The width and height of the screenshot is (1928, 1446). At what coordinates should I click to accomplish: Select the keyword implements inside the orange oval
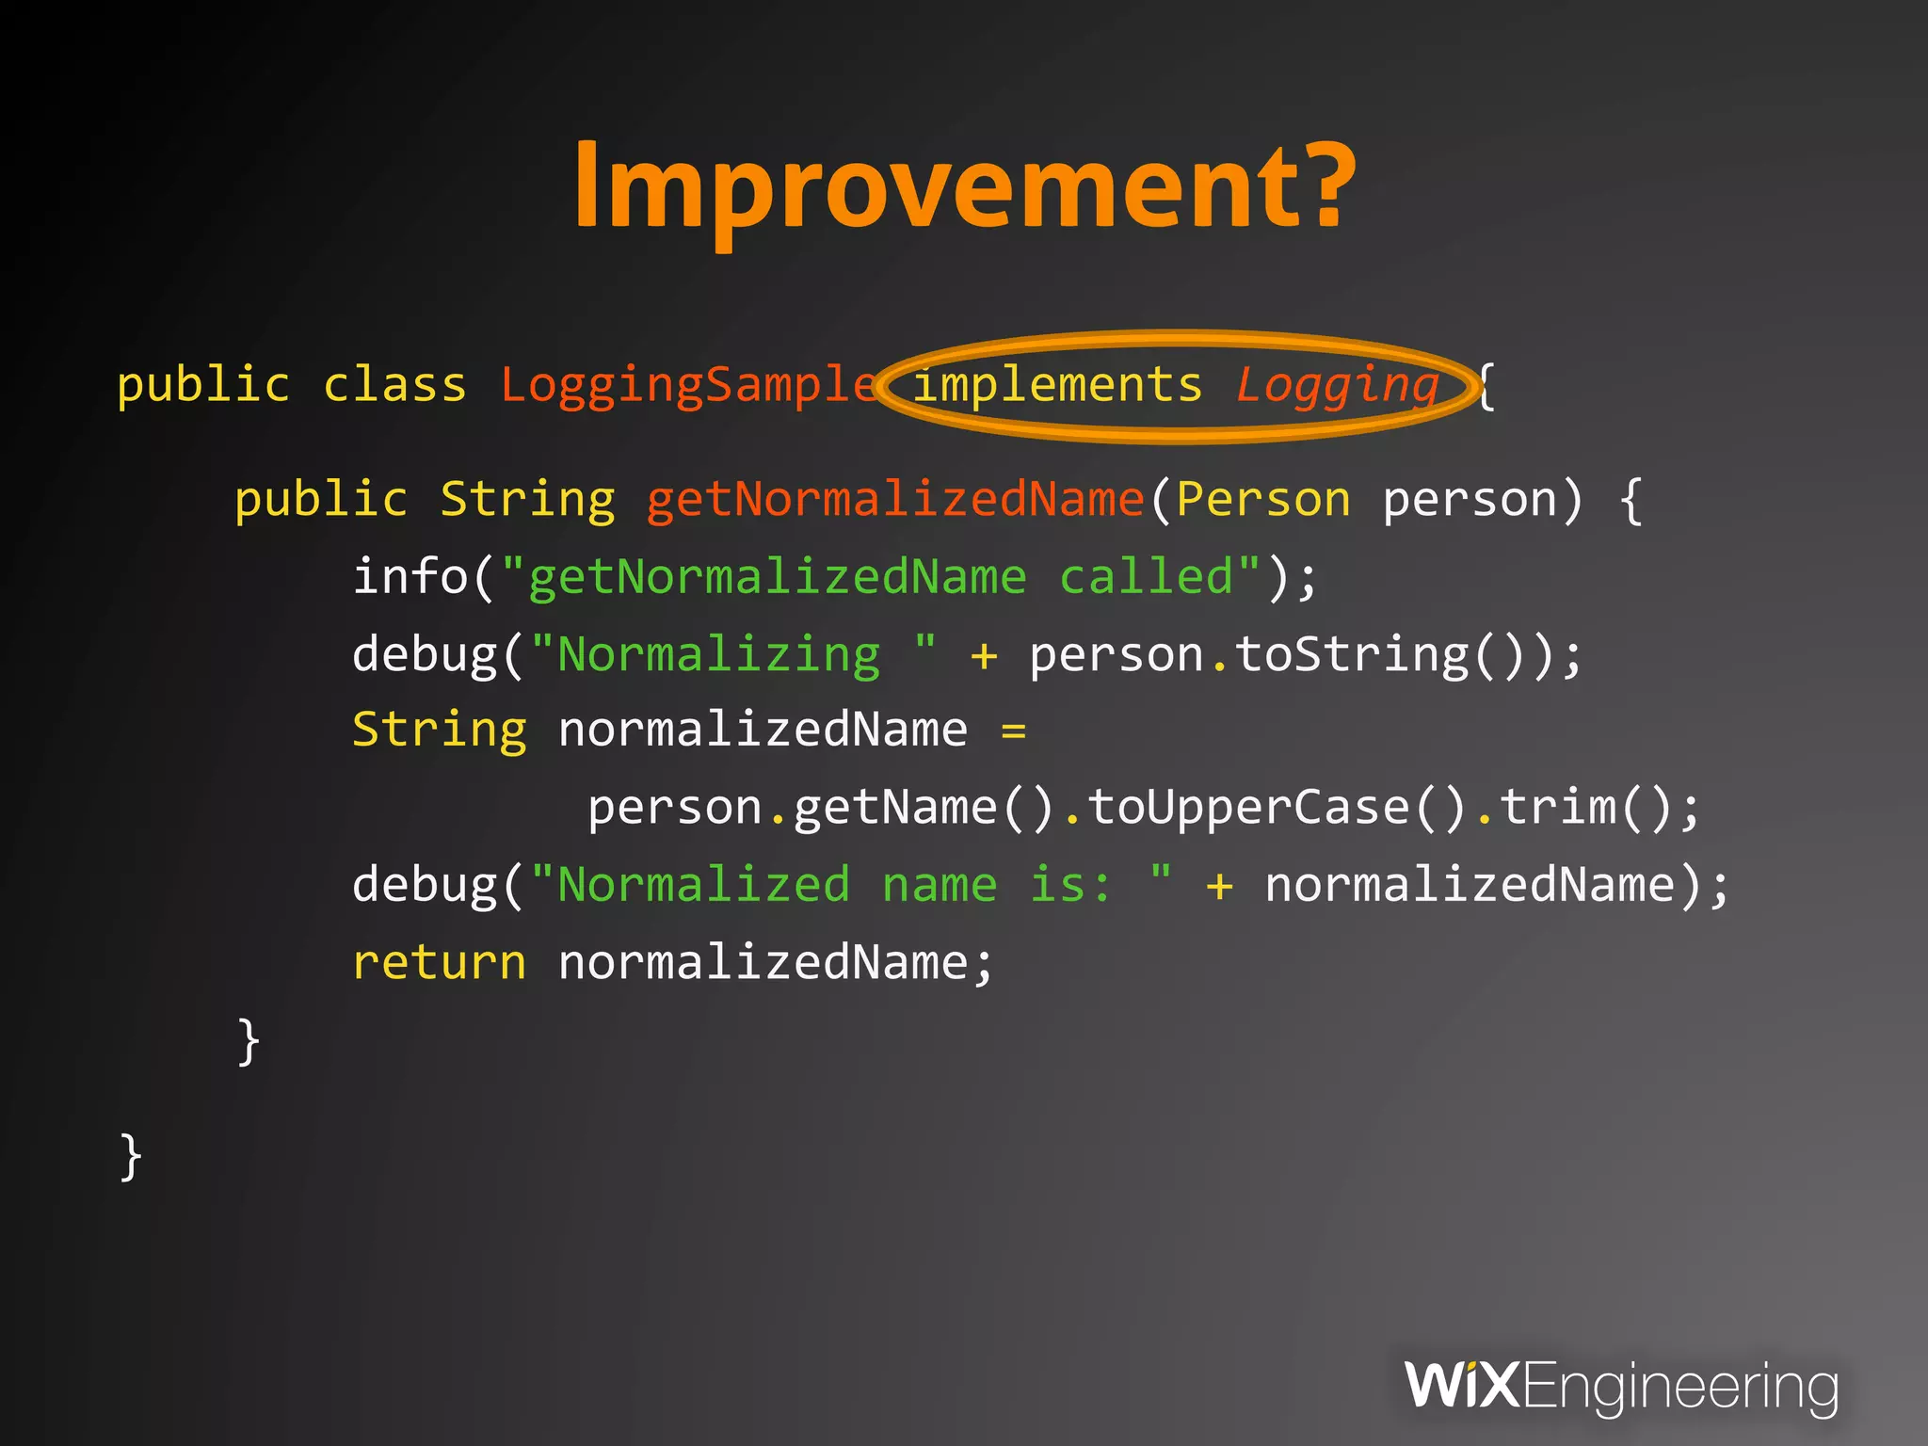click(1057, 385)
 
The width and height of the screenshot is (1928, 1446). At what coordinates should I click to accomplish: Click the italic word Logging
click(1338, 385)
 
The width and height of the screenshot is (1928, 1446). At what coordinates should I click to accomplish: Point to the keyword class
click(394, 385)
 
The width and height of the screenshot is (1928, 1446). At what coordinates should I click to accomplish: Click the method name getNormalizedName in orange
click(894, 499)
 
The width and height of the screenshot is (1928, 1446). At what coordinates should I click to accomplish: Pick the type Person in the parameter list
click(1262, 499)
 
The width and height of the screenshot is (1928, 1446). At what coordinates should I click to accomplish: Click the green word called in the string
click(1146, 576)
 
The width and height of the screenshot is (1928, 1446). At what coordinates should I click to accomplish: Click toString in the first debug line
click(1352, 654)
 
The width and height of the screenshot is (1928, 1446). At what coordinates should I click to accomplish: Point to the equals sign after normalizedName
click(1013, 731)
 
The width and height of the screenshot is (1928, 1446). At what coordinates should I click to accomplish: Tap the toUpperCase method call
click(1247, 808)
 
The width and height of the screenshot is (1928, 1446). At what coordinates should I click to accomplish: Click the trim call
click(1557, 808)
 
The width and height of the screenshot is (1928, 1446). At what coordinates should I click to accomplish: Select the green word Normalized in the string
click(703, 885)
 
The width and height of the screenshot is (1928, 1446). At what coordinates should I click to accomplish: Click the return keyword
click(439, 963)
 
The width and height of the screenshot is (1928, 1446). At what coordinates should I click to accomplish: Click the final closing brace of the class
click(131, 1156)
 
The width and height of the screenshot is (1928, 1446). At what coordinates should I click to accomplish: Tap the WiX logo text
click(1461, 1385)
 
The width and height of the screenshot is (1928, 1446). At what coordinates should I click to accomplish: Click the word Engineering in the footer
click(1679, 1387)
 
